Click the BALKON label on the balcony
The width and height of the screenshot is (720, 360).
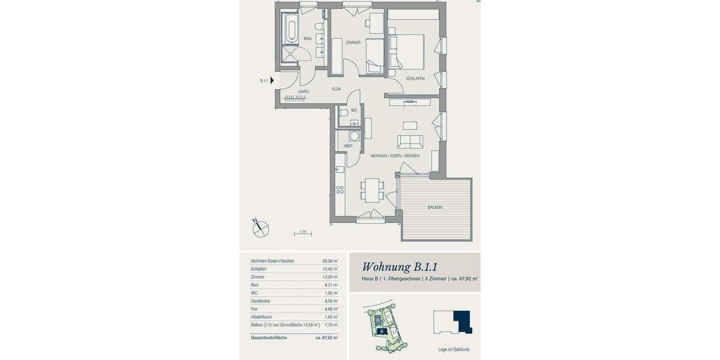(435, 208)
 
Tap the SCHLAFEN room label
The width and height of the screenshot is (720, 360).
(415, 79)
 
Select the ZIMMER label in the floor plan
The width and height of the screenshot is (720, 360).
(353, 43)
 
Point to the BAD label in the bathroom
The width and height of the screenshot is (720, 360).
(307, 39)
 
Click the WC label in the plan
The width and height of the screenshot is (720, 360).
(354, 110)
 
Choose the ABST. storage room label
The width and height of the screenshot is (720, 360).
(348, 146)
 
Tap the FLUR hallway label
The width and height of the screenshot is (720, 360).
(336, 89)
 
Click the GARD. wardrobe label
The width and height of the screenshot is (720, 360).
(304, 92)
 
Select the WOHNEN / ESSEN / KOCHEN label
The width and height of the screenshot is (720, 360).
(395, 156)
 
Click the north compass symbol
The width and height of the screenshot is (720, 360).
(260, 227)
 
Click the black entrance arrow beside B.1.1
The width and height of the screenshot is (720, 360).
(272, 80)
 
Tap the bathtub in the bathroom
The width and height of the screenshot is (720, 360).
(291, 29)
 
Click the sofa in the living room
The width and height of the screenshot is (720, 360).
(410, 142)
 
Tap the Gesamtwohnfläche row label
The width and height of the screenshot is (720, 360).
(269, 338)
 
